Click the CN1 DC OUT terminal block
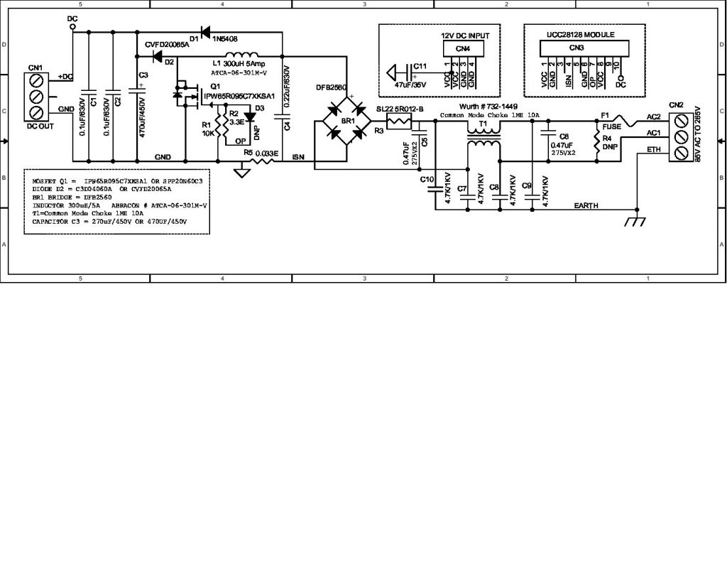36,96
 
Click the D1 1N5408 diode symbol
206,32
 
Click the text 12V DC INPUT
465,35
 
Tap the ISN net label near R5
298,158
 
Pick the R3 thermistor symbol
399,121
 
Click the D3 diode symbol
249,117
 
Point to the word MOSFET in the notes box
45,181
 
